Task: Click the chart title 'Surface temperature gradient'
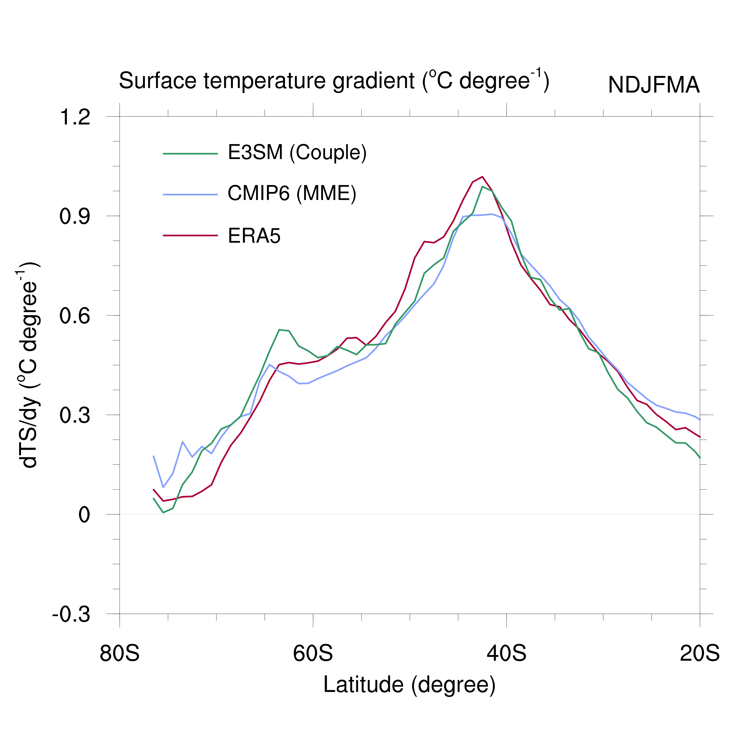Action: point(334,81)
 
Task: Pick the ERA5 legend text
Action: point(254,236)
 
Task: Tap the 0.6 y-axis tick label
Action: point(75,316)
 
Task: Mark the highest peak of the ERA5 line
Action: point(482,177)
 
